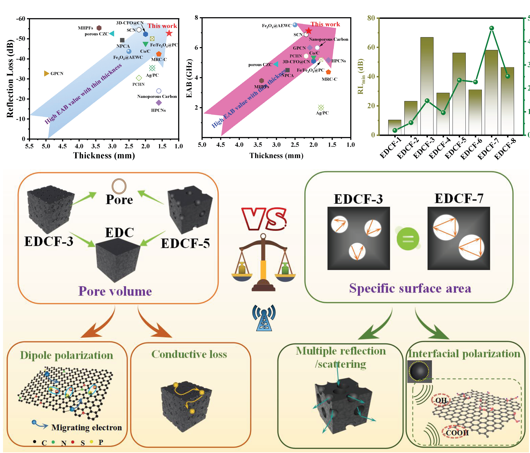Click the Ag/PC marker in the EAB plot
(321, 108)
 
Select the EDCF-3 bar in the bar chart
(427, 86)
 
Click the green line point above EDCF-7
(491, 28)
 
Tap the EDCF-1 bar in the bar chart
(395, 127)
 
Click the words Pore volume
(115, 291)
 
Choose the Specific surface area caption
(410, 288)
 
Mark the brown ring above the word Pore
(119, 186)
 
